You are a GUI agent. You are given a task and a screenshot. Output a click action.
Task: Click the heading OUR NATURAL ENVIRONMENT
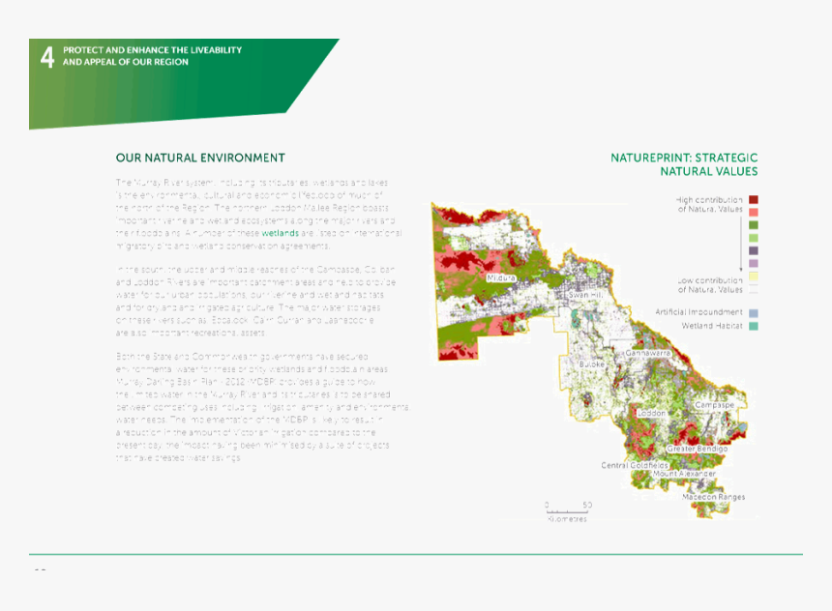[x=200, y=158]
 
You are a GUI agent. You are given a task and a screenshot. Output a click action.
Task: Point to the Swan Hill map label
[x=586, y=294]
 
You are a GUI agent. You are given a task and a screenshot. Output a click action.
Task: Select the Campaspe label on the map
[x=714, y=404]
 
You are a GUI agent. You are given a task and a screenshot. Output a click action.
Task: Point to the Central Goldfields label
[x=634, y=465]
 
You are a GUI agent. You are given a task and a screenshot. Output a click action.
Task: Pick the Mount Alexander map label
[x=684, y=474]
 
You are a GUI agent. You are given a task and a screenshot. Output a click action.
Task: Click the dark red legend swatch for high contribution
[x=753, y=199]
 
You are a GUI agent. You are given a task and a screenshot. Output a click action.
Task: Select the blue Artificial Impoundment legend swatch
[x=753, y=312]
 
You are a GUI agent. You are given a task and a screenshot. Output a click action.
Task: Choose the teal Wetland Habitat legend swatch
[x=753, y=326]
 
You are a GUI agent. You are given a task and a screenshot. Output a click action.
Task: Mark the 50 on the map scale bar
[x=587, y=506]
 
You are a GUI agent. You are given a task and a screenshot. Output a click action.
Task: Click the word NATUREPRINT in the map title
[x=649, y=158]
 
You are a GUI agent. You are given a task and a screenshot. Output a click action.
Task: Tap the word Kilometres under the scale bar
[x=567, y=519]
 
